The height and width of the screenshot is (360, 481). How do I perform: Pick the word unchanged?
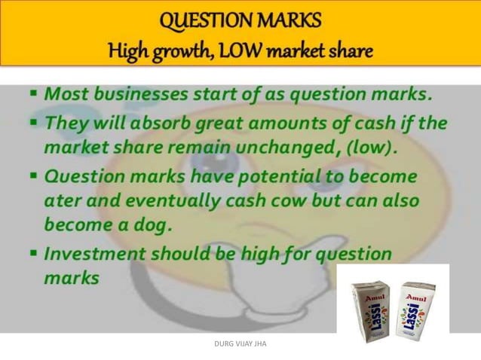pyautogui.click(x=299, y=147)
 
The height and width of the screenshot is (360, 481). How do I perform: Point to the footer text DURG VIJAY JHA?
pyautogui.click(x=240, y=346)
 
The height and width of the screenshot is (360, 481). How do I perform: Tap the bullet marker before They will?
pyautogui.click(x=34, y=122)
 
